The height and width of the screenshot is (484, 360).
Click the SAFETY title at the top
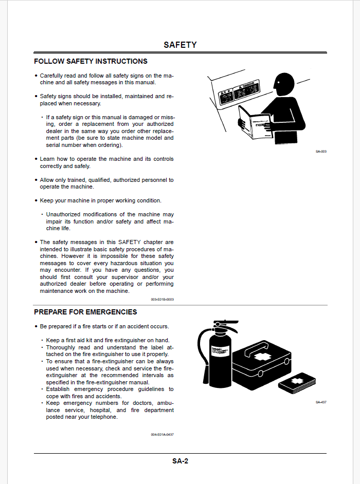(x=180, y=45)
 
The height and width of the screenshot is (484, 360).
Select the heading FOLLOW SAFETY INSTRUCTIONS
(x=91, y=61)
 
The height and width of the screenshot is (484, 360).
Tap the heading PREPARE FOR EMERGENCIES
(x=85, y=312)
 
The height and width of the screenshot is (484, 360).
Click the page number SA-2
(x=180, y=461)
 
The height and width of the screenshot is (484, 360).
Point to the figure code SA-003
(x=321, y=152)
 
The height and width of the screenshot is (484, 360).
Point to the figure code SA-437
(x=321, y=402)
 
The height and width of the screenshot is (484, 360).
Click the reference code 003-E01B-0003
(x=162, y=299)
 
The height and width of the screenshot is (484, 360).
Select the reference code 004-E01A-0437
(x=162, y=435)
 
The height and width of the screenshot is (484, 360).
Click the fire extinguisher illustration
(x=219, y=357)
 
